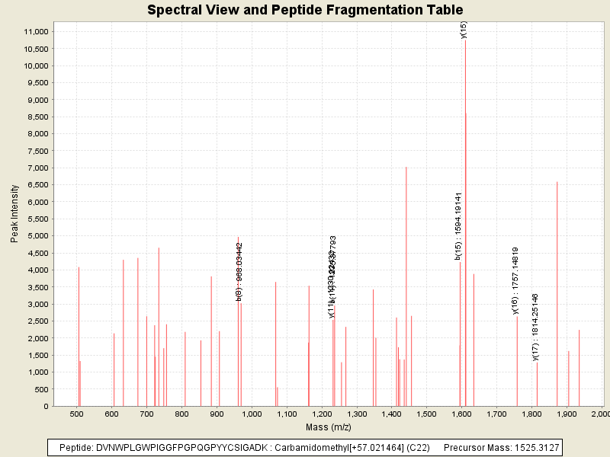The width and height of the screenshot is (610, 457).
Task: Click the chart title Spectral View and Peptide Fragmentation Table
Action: tap(305, 10)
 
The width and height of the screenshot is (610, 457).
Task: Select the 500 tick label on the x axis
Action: tap(76, 414)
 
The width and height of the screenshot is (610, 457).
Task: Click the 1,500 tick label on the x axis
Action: tap(426, 414)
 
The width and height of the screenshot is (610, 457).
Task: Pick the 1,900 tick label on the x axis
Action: tap(567, 414)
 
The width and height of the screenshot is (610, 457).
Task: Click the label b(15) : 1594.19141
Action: tap(459, 226)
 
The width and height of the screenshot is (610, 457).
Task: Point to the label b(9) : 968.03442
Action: tap(239, 271)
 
